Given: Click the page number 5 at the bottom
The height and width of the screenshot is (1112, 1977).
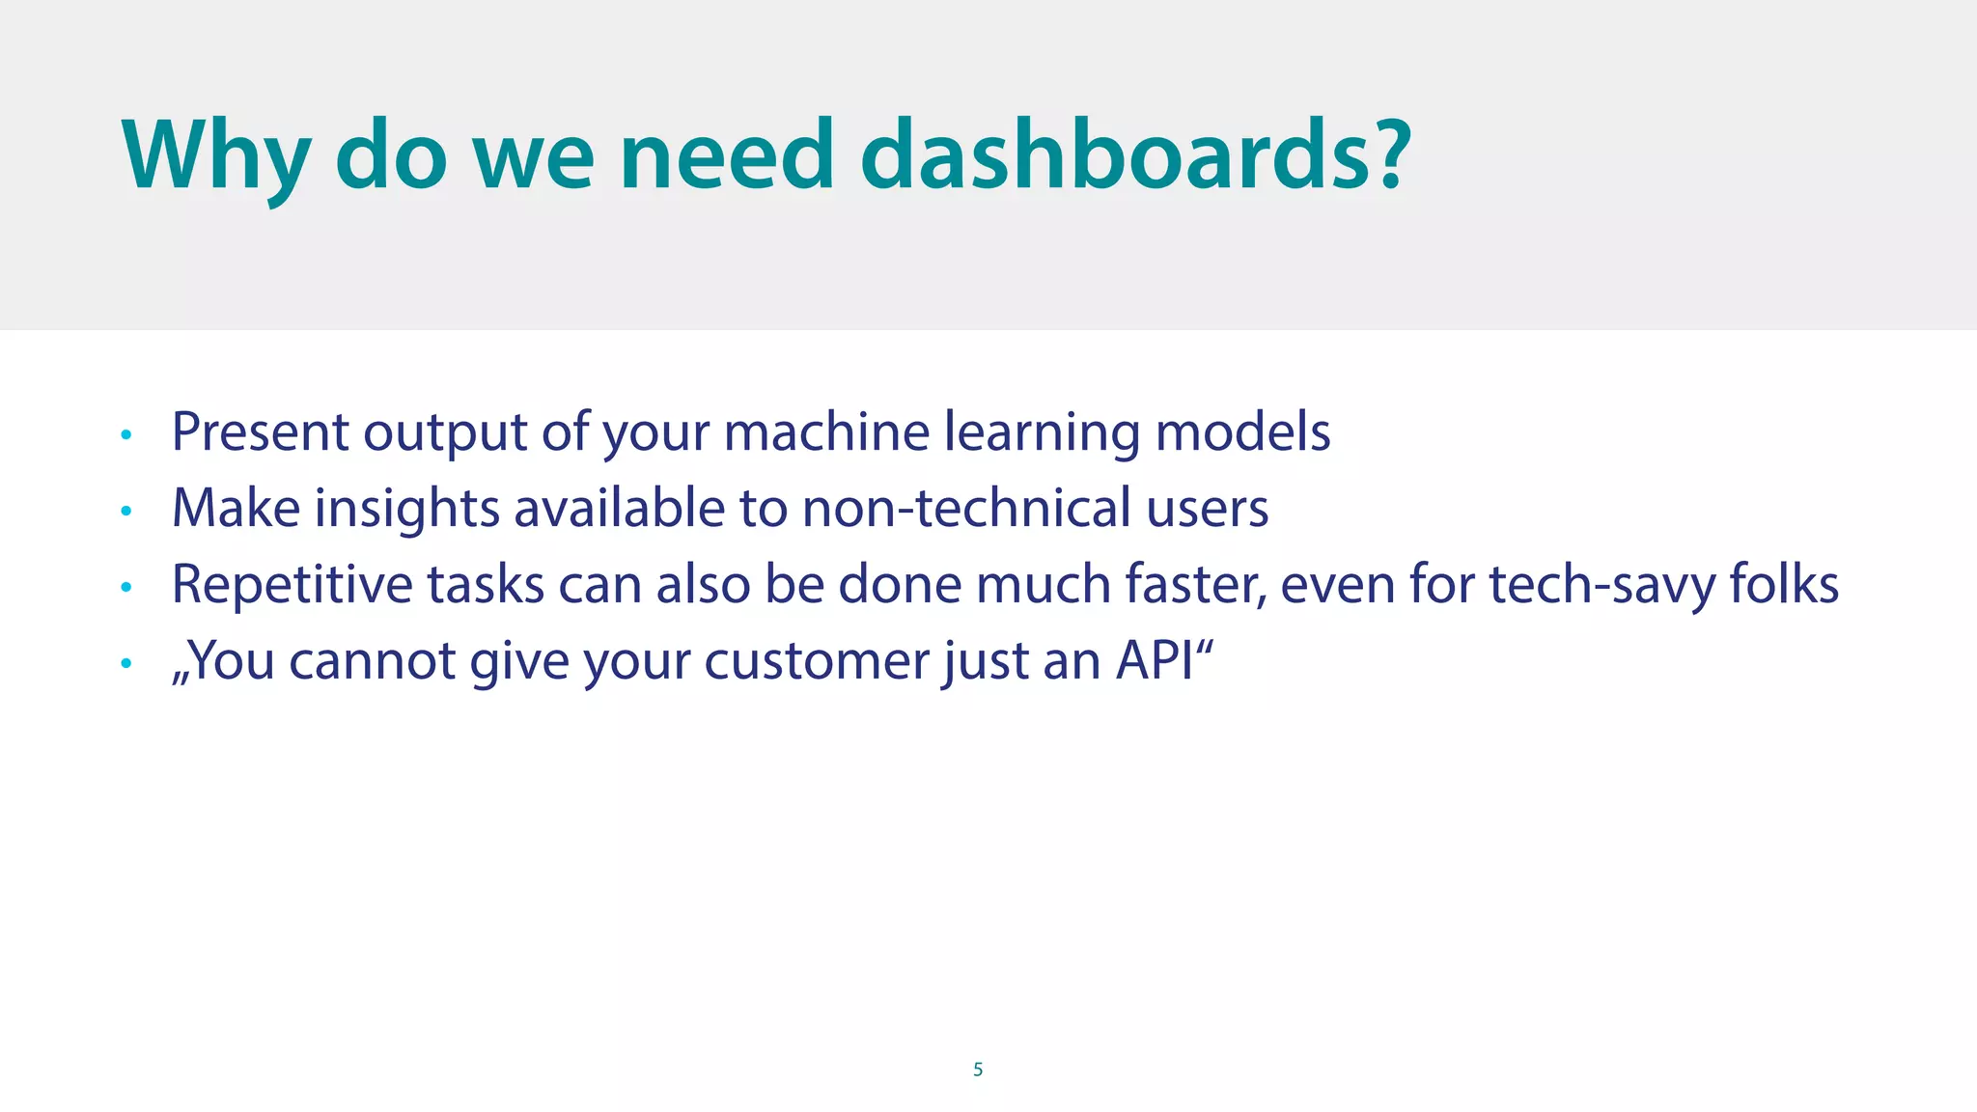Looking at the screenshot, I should (x=978, y=1070).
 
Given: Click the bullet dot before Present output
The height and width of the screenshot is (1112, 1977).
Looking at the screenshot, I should (x=125, y=435).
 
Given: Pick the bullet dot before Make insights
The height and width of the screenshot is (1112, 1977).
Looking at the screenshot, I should (x=125, y=512).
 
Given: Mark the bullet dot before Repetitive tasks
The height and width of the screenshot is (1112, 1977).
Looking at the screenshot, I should (x=125, y=588).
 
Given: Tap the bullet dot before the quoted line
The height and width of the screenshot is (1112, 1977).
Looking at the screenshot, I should (x=125, y=664).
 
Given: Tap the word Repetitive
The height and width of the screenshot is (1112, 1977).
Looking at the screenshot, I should (x=292, y=585).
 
